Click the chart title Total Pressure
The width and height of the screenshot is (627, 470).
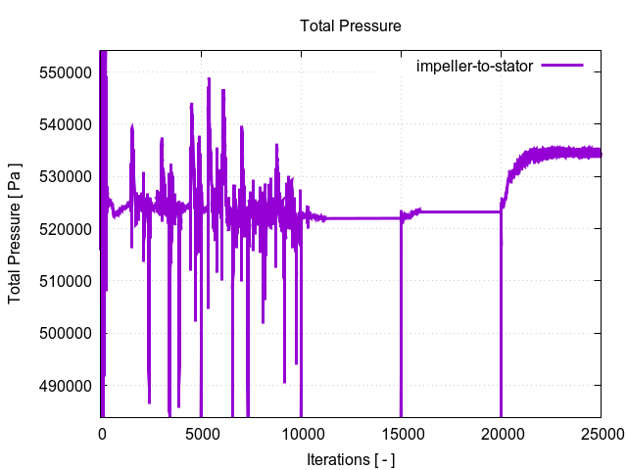(350, 25)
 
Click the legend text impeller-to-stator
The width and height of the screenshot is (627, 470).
(474, 67)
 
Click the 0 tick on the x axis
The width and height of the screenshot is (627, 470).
(102, 435)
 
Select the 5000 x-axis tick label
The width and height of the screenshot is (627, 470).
(201, 435)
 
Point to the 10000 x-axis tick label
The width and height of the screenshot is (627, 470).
(301, 435)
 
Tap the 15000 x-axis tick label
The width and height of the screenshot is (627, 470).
(401, 435)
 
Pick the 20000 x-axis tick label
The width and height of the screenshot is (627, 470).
(501, 435)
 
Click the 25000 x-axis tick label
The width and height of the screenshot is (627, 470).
(600, 435)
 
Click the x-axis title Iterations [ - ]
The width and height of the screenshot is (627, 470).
(350, 458)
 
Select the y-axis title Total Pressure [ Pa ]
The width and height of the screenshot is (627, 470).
(16, 235)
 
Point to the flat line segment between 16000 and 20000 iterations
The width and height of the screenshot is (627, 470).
(460, 211)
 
